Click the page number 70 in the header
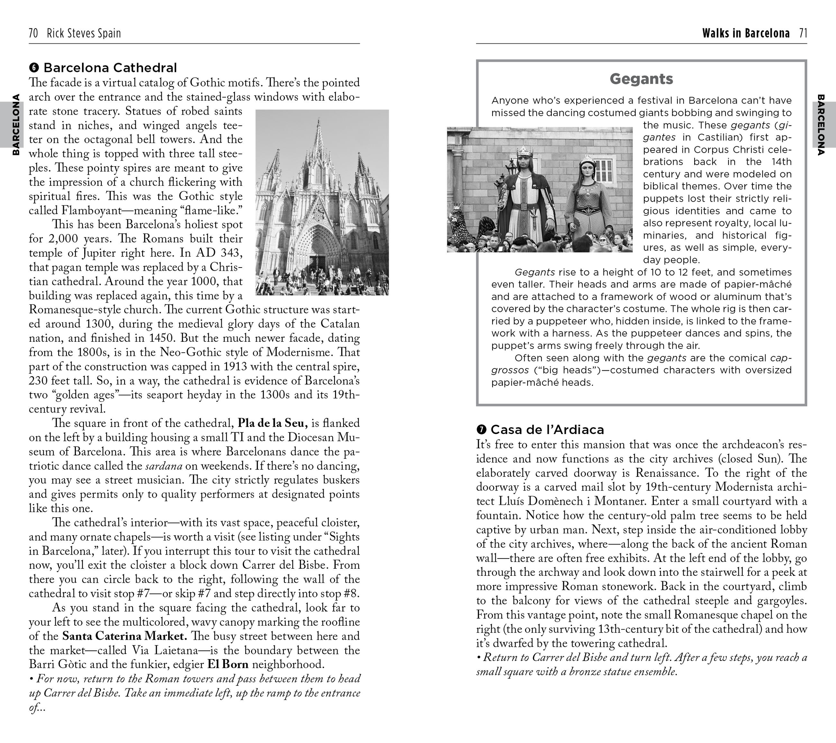point(33,33)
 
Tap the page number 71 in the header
point(803,33)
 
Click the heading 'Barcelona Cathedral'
point(110,68)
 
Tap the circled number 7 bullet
point(481,429)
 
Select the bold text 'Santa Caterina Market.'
point(125,636)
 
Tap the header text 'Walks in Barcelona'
point(746,33)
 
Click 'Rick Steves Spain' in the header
point(84,33)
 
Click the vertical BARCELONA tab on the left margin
point(15,125)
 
